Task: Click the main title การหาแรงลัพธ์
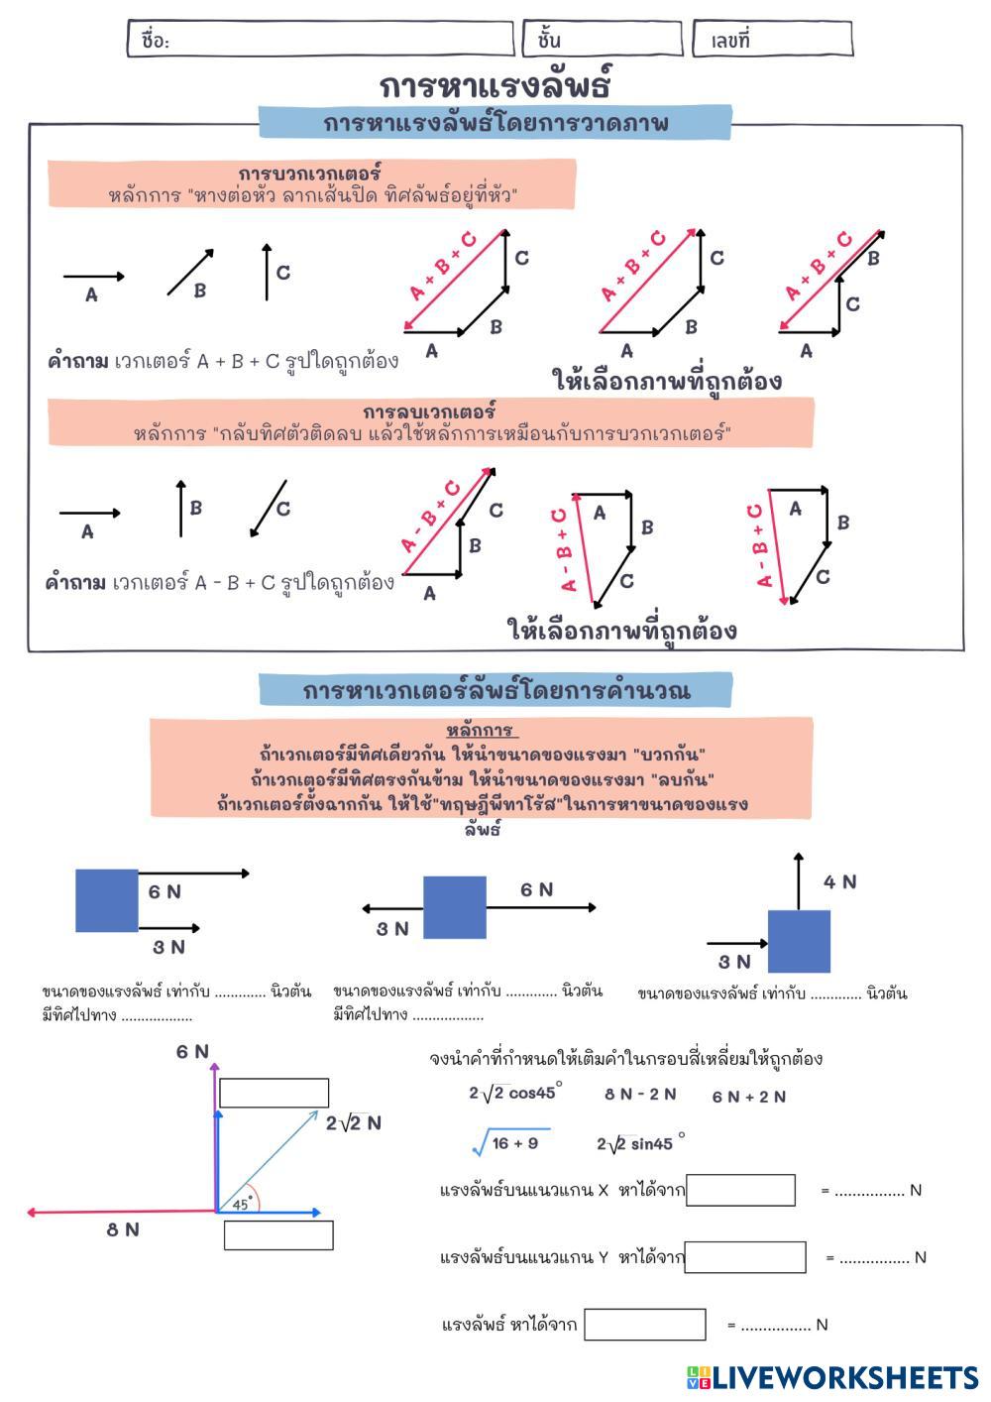(495, 85)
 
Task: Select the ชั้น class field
(603, 40)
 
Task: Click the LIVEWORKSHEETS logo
(831, 1377)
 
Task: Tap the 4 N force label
(839, 881)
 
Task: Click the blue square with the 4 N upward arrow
(799, 941)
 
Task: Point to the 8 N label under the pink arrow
(123, 1229)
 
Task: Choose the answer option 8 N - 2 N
(640, 1095)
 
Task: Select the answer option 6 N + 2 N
(749, 1097)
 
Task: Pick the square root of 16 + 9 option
(511, 1143)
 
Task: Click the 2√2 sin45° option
(640, 1144)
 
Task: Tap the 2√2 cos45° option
(515, 1094)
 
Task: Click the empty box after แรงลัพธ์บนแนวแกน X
(740, 1190)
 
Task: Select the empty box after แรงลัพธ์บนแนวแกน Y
(745, 1257)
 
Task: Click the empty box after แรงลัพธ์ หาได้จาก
(645, 1325)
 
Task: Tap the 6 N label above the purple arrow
(192, 1052)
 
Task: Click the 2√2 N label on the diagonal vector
(354, 1123)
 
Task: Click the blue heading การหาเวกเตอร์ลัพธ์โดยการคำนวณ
(495, 690)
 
